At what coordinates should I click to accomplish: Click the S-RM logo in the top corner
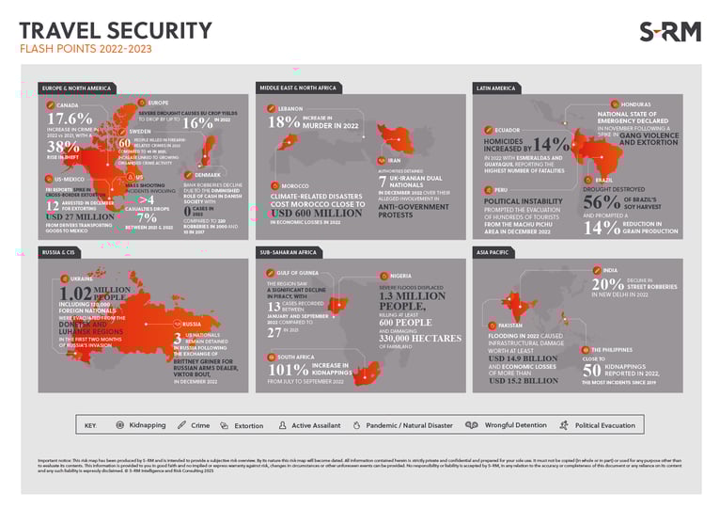669,32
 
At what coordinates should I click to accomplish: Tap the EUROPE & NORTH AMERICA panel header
77,88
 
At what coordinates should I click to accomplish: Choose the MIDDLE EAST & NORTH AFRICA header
298,88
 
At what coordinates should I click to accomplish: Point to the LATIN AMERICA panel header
498,88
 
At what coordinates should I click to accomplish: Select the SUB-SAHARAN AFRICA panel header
290,252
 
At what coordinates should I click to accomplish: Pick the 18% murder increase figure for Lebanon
284,122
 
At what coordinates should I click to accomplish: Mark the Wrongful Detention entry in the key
511,425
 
